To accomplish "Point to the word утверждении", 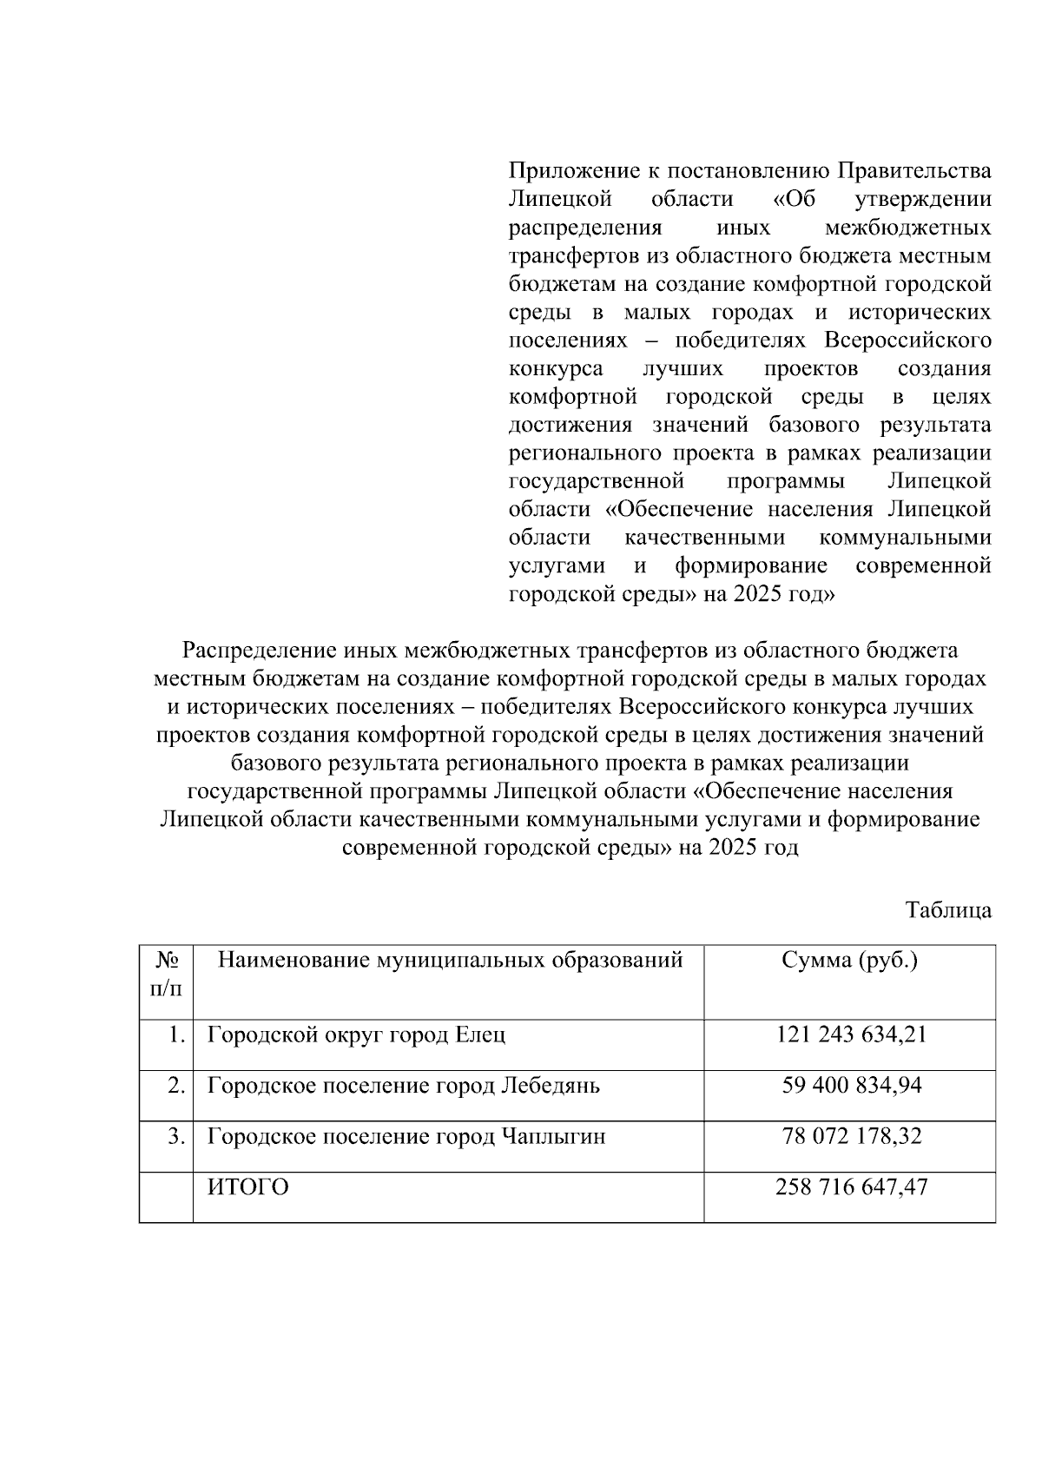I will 923,200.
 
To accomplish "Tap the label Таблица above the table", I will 948,910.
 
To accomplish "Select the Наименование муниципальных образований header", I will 450,961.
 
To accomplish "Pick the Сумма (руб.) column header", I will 849,961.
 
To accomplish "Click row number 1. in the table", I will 177,1035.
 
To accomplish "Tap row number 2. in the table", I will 177,1086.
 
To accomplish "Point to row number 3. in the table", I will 177,1136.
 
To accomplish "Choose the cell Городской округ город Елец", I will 356,1035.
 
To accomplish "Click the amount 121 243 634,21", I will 852,1035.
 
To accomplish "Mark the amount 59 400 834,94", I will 852,1086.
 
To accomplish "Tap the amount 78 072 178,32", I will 852,1136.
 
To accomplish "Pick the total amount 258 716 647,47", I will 852,1187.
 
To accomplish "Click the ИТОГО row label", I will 248,1187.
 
